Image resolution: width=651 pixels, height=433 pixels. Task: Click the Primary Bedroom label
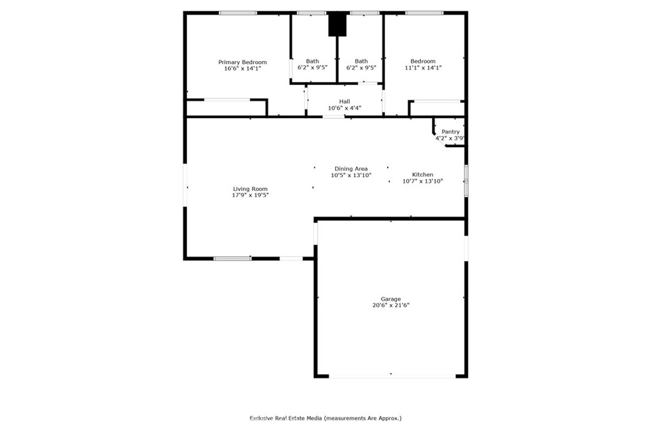pyautogui.click(x=242, y=62)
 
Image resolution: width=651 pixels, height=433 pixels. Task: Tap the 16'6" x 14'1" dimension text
pyautogui.click(x=242, y=69)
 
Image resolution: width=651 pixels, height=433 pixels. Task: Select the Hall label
pyautogui.click(x=344, y=102)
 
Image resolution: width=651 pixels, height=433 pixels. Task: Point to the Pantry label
pyautogui.click(x=450, y=131)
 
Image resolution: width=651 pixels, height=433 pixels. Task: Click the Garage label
pyautogui.click(x=390, y=298)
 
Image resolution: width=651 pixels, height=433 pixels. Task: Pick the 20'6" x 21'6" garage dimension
pyautogui.click(x=390, y=305)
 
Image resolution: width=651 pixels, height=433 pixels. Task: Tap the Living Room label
pyautogui.click(x=250, y=189)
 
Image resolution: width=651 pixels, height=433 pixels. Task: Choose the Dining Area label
pyautogui.click(x=351, y=169)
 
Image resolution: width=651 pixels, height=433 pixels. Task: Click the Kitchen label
pyautogui.click(x=422, y=175)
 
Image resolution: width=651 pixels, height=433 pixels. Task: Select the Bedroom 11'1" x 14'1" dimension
pyautogui.click(x=423, y=68)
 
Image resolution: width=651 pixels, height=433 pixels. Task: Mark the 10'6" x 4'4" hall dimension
pyautogui.click(x=344, y=109)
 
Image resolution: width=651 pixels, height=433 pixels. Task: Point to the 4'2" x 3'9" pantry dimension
pyautogui.click(x=450, y=138)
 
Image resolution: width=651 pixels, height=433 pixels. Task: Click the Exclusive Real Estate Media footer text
pyautogui.click(x=325, y=418)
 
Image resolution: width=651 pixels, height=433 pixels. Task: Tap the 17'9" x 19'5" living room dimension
pyautogui.click(x=250, y=196)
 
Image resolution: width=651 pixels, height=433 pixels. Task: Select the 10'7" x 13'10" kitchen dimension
pyautogui.click(x=422, y=182)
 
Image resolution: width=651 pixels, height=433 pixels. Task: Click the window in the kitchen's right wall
pyautogui.click(x=465, y=180)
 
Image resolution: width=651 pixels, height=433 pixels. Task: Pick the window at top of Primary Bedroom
pyautogui.click(x=238, y=13)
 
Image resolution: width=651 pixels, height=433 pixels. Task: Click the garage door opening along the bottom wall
pyautogui.click(x=392, y=376)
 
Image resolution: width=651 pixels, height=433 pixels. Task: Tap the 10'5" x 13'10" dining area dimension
pyautogui.click(x=351, y=175)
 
